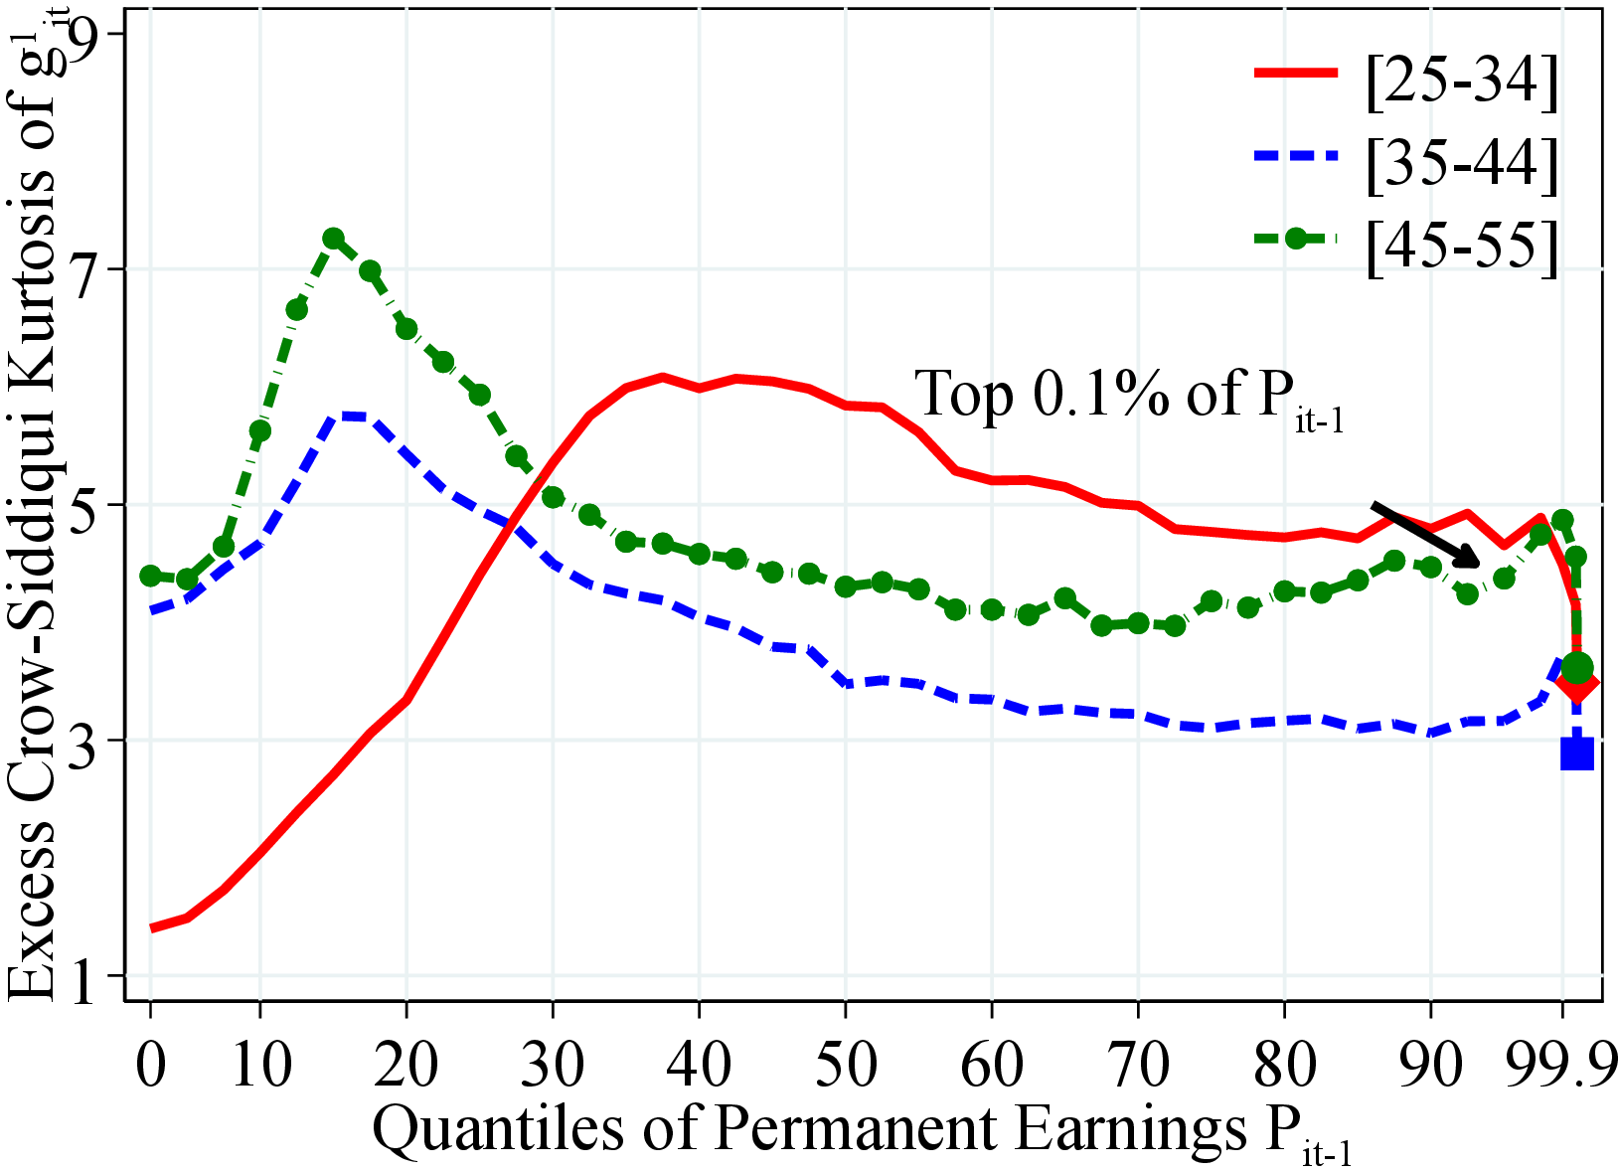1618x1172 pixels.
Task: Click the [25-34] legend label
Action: click(1460, 81)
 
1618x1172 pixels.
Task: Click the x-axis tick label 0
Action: click(151, 1064)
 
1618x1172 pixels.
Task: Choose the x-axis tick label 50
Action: click(846, 1064)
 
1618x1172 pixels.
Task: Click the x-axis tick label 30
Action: click(554, 1064)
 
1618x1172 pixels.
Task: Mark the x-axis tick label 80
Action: click(1284, 1064)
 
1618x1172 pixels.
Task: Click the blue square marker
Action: click(1577, 753)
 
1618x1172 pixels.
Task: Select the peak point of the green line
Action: click(333, 239)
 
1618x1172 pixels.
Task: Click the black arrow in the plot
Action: click(1425, 534)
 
